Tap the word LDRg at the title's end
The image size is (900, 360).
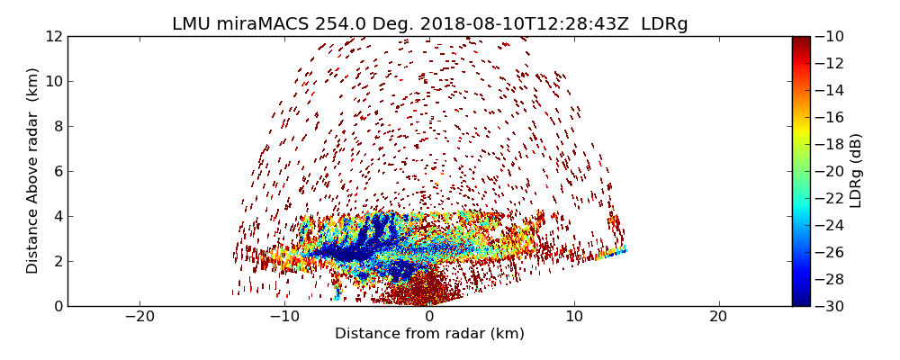(x=664, y=24)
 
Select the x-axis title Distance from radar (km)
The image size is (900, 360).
(x=429, y=334)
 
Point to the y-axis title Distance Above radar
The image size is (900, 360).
(x=33, y=170)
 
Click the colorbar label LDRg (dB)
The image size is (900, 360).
(x=856, y=170)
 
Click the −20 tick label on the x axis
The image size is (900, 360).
(x=139, y=317)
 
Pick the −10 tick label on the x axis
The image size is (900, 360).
(x=284, y=317)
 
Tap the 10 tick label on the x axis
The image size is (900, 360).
(x=574, y=317)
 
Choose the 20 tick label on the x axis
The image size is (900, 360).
(x=718, y=317)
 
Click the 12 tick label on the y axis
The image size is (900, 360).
(x=52, y=36)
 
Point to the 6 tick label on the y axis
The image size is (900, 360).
(x=56, y=171)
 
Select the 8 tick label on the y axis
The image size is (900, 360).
(x=56, y=126)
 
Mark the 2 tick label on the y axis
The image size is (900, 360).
(x=56, y=261)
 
